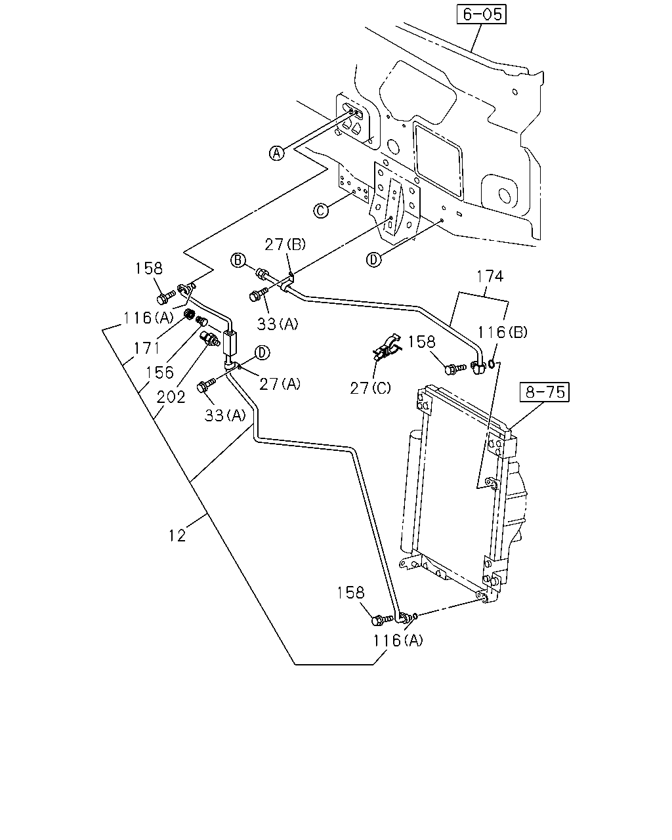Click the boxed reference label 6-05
click(x=482, y=14)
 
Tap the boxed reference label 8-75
click(x=545, y=392)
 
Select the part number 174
click(x=490, y=276)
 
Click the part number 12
click(x=177, y=535)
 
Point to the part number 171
click(x=147, y=348)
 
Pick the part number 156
click(x=159, y=372)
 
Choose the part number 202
click(x=171, y=398)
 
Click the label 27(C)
click(x=370, y=388)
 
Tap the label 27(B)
click(x=285, y=245)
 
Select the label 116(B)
click(x=503, y=333)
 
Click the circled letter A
click(x=277, y=153)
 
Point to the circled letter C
click(x=321, y=211)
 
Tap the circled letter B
click(x=238, y=260)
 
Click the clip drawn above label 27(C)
click(x=384, y=347)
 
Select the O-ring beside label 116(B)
click(x=492, y=364)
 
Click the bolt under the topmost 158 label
click(x=166, y=297)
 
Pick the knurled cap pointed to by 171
click(x=189, y=314)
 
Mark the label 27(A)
click(x=280, y=385)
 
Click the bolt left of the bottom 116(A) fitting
click(x=383, y=619)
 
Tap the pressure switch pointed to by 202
click(x=209, y=338)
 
